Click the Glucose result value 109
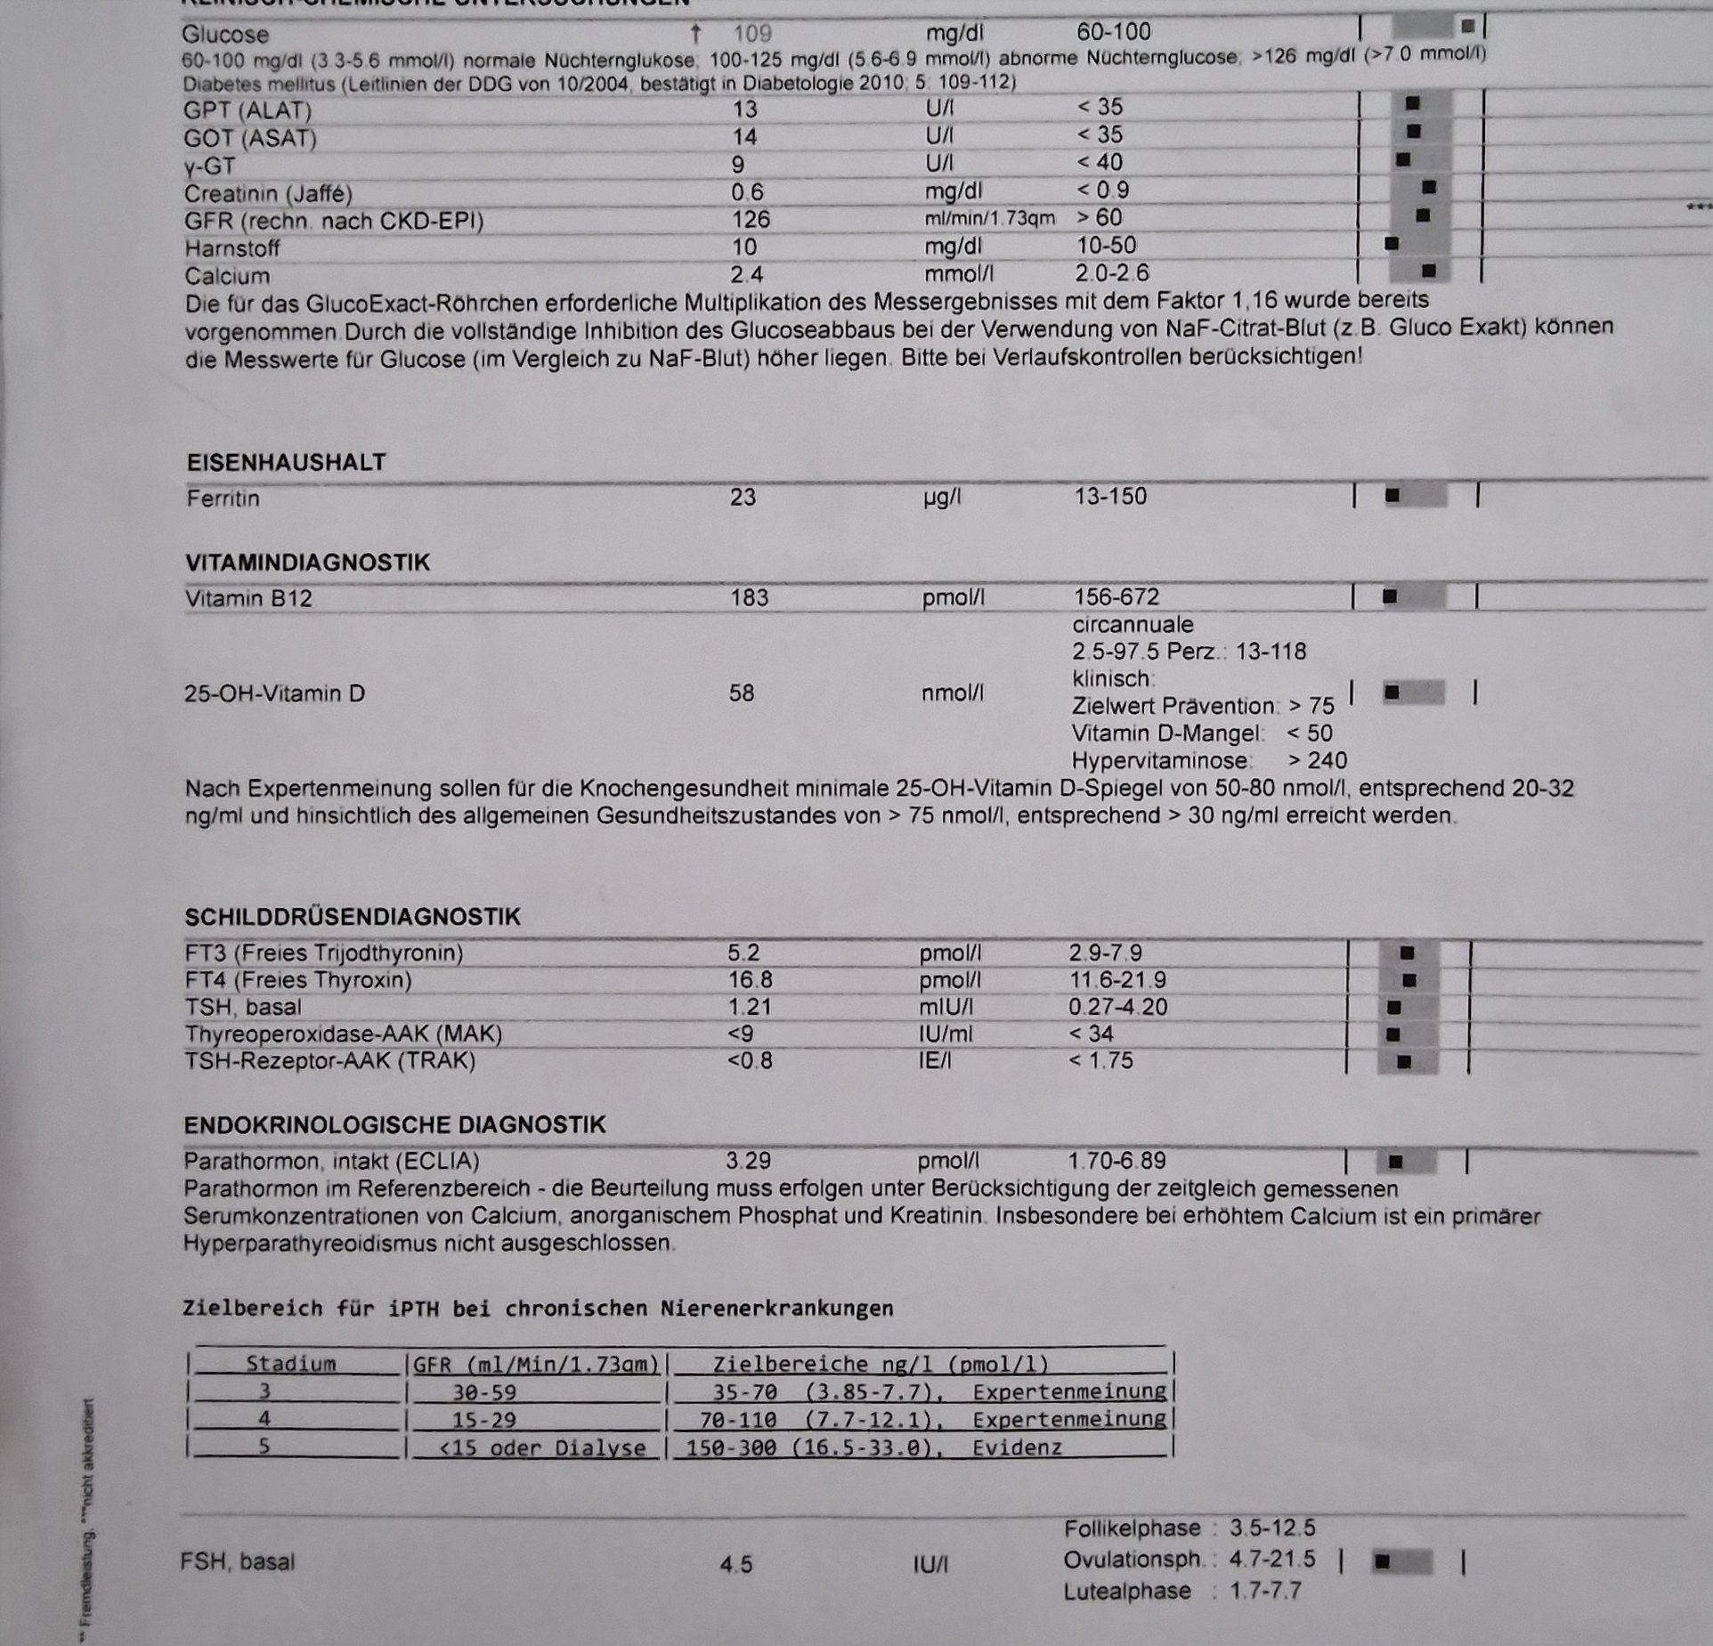click(751, 35)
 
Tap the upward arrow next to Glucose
click(696, 35)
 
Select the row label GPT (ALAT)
click(248, 111)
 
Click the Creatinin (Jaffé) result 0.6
click(747, 192)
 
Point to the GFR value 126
click(750, 220)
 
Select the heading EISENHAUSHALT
click(286, 463)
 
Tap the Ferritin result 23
click(743, 497)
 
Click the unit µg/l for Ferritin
click(942, 498)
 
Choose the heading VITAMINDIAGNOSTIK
click(307, 563)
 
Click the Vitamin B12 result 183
click(749, 597)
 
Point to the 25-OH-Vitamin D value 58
click(741, 693)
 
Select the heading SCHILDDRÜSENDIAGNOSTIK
click(352, 917)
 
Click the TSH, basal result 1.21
click(749, 1007)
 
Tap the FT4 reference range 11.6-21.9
click(1117, 980)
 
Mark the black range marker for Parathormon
click(1395, 1162)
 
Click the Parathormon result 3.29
click(748, 1161)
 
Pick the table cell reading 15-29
click(483, 1419)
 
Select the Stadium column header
click(290, 1364)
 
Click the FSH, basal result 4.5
click(736, 1564)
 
